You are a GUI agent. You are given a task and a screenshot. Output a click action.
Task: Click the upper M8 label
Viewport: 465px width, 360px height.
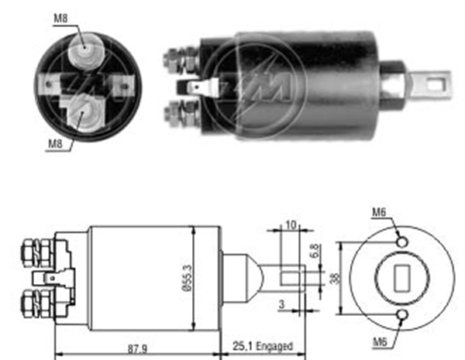60,19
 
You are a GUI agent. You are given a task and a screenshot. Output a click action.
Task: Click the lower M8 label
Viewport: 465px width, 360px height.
56,144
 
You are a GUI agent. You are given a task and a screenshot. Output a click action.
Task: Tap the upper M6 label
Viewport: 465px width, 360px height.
379,212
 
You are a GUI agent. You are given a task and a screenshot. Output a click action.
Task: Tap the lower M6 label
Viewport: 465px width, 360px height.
380,342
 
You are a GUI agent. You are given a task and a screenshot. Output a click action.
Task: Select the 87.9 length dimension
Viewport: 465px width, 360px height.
137,349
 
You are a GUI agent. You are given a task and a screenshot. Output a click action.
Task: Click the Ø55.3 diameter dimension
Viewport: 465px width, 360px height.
188,278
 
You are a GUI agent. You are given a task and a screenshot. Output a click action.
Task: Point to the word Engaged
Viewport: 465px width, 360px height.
274,346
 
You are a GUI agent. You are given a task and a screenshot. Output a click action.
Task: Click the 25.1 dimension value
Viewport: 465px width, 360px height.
243,346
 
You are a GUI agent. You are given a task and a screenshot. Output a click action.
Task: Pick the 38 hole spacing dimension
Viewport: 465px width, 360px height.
336,278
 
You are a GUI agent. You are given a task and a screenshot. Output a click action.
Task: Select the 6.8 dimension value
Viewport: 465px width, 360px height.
315,250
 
